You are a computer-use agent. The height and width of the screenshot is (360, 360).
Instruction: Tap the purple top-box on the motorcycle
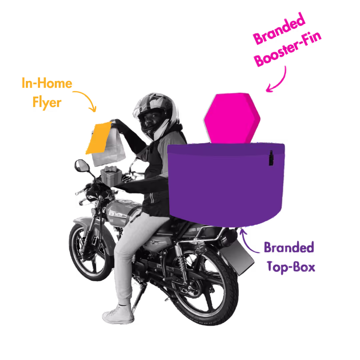pos(227,183)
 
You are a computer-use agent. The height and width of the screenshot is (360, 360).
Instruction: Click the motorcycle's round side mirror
pos(81,166)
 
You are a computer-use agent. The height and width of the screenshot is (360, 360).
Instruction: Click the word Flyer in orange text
pos(47,102)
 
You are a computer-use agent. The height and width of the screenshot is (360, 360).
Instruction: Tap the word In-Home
pos(47,83)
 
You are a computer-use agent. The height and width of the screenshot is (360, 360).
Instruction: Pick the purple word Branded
pos(289,248)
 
